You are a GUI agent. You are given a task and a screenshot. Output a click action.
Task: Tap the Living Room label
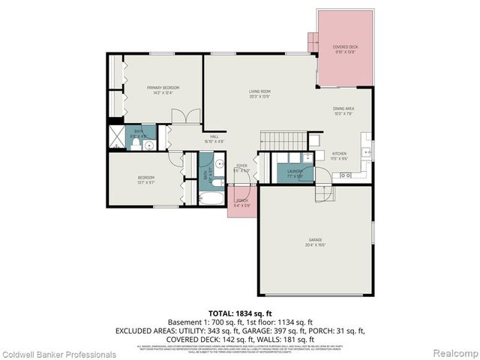(x=259, y=94)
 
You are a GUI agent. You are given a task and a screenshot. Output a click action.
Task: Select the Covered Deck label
(x=345, y=49)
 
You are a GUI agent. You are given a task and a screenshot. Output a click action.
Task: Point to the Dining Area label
(x=343, y=112)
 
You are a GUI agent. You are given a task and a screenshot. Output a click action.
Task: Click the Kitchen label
(x=340, y=157)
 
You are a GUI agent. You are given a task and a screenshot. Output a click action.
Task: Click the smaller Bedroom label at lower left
(x=145, y=179)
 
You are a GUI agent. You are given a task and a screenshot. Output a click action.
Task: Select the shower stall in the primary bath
(x=118, y=137)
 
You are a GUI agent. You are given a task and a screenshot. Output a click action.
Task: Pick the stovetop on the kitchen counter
(x=346, y=175)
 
